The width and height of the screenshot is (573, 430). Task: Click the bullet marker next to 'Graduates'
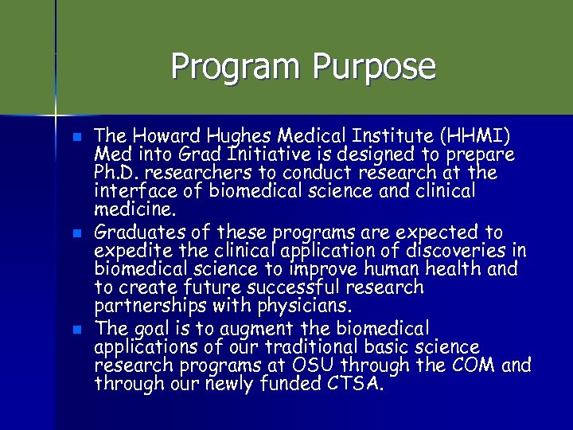[x=76, y=233]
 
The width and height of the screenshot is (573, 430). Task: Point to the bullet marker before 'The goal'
[x=76, y=329]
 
